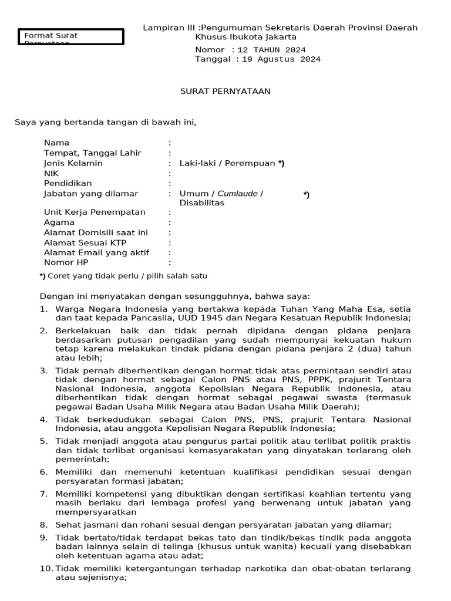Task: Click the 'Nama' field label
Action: (56, 143)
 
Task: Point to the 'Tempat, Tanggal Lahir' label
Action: (92, 153)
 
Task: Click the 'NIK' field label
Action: (52, 174)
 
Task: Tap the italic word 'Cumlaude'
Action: (237, 194)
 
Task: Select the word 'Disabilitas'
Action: (201, 203)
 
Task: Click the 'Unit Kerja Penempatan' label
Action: (95, 212)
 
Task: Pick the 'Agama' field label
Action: (59, 222)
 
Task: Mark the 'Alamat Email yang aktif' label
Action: (96, 253)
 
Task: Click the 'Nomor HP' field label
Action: (66, 263)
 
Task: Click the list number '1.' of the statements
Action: (43, 309)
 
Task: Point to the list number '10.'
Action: (46, 568)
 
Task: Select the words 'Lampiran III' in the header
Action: (170, 28)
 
